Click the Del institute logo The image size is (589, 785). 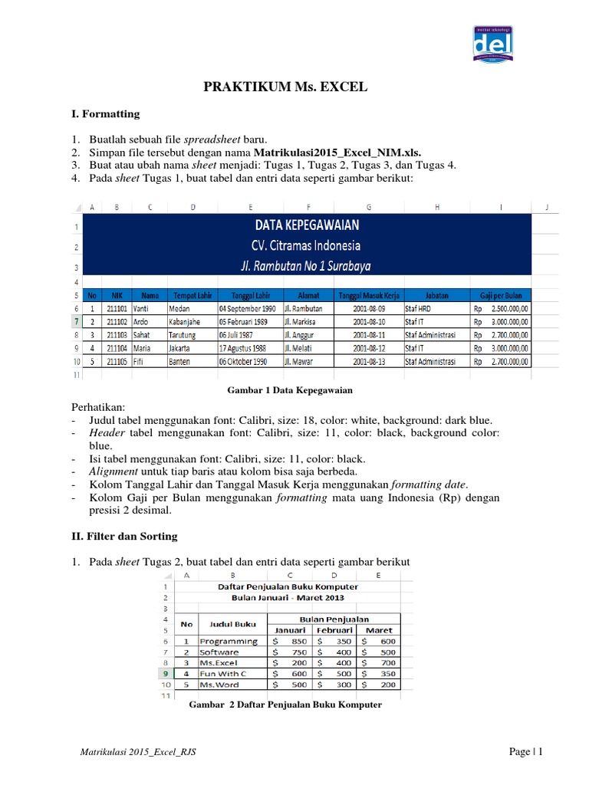(x=492, y=45)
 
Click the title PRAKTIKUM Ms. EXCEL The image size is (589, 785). (x=285, y=87)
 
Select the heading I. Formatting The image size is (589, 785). (x=105, y=113)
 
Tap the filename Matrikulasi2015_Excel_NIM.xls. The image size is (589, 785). (x=337, y=152)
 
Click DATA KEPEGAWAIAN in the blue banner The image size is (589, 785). (x=304, y=225)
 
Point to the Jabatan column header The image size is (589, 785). (x=436, y=294)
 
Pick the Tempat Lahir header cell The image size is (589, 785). (x=192, y=294)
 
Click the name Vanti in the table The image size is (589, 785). (x=143, y=308)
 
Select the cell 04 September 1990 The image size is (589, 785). (x=248, y=308)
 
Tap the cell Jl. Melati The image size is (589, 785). (x=301, y=347)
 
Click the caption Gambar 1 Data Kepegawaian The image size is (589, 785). (x=290, y=390)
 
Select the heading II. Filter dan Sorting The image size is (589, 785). (x=124, y=536)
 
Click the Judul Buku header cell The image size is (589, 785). (x=232, y=624)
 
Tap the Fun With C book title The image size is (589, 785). (x=224, y=673)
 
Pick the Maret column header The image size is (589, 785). (x=379, y=630)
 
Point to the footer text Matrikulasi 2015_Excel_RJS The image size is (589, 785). (x=138, y=753)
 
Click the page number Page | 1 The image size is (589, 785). (x=526, y=753)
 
